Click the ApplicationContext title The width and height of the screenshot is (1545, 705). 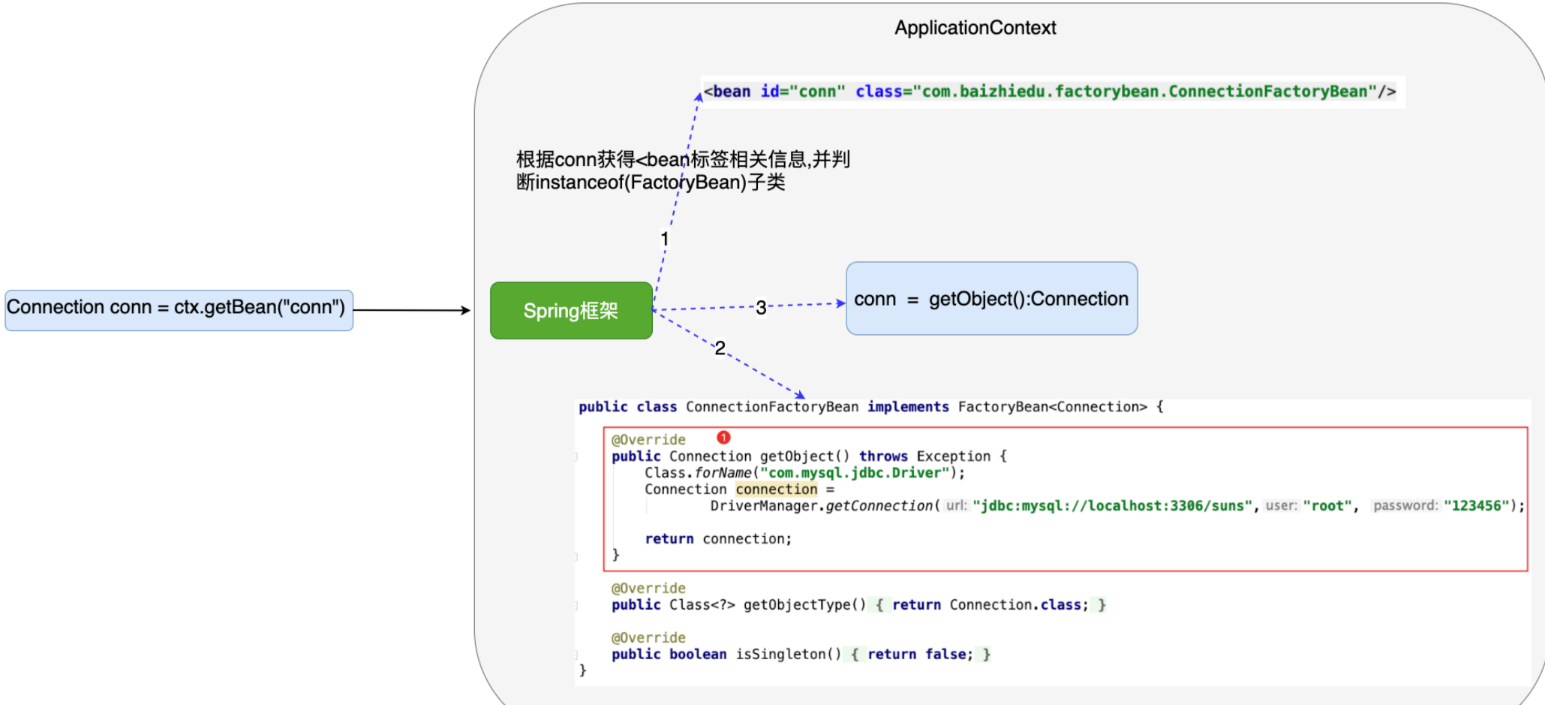pos(975,28)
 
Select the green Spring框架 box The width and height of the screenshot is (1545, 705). pos(571,311)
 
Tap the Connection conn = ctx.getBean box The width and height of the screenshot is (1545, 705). pos(179,309)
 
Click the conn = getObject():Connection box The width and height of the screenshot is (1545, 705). pos(991,299)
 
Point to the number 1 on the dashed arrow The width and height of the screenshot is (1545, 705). pos(664,240)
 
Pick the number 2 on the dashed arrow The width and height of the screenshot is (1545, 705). pos(720,348)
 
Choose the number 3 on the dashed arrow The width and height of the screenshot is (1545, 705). pos(761,307)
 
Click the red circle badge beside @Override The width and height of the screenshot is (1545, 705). pos(723,438)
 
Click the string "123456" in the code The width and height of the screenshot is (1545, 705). pos(1476,506)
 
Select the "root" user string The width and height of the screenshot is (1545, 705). pos(1327,506)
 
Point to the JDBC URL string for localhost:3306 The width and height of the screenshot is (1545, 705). pos(1112,506)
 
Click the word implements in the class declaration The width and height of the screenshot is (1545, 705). pos(908,407)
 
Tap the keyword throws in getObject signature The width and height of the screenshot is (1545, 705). pos(883,456)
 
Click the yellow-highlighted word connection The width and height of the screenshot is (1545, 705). pos(776,490)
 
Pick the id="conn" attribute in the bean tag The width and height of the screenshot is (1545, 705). pos(802,92)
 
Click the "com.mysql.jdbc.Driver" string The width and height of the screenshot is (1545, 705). pos(855,473)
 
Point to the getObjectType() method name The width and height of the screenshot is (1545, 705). pos(804,605)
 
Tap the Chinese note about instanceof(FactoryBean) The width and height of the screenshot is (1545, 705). pos(682,170)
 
